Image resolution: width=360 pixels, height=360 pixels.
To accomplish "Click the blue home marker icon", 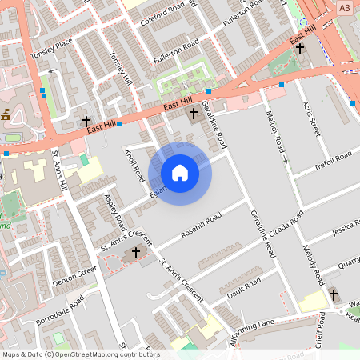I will [x=180, y=173].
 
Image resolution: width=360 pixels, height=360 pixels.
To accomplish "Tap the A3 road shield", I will [x=344, y=7].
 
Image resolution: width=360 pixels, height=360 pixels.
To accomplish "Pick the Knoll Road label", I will [x=133, y=164].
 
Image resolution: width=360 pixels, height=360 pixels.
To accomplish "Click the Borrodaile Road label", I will [x=60, y=313].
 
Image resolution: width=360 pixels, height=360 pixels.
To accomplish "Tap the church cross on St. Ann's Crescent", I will [x=135, y=253].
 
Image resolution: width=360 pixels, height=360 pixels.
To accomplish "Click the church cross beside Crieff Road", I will [x=334, y=294].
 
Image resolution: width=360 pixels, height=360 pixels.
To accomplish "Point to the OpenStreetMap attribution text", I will [x=80, y=354].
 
